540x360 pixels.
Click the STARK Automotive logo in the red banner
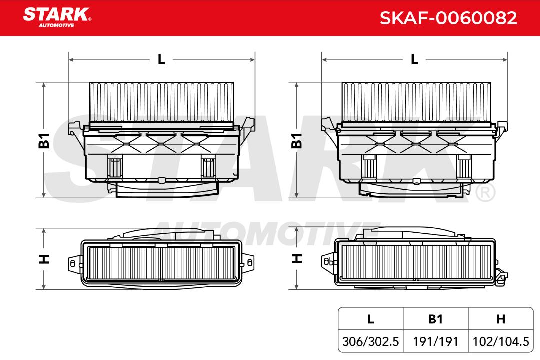click(x=57, y=17)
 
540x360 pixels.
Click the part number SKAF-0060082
click(x=448, y=18)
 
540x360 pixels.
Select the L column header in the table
click(x=370, y=319)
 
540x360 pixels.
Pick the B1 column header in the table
click(x=435, y=319)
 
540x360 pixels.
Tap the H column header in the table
click(x=500, y=319)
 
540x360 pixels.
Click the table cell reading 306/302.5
click(x=370, y=341)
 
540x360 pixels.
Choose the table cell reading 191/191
click(x=435, y=341)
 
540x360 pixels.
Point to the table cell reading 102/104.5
click(x=500, y=341)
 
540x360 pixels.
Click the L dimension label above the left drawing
click(x=161, y=59)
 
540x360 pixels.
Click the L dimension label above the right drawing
click(x=414, y=59)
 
